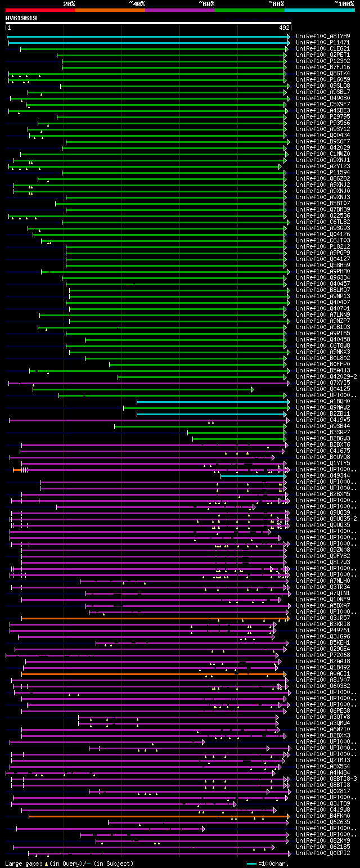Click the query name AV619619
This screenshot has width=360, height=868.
point(21,18)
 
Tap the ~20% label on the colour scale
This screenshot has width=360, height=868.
point(69,4)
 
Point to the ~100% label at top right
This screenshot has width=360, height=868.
point(344,4)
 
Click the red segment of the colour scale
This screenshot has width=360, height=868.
point(39,10)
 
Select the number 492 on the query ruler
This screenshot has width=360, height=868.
point(284,27)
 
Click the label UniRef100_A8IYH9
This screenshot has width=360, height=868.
point(323,36)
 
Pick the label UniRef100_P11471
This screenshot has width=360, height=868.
point(323,42)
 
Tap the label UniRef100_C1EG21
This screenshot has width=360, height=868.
point(323,48)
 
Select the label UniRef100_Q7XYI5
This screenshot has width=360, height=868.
point(323,383)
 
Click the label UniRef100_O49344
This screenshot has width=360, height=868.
point(323,475)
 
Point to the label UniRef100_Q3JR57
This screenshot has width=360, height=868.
point(323,618)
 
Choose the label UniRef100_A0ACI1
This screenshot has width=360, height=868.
point(323,673)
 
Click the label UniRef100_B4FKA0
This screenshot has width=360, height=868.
point(323,816)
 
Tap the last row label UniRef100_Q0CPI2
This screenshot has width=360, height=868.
point(323,853)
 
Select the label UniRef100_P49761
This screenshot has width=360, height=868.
point(323,630)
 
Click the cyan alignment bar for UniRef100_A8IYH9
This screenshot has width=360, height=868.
point(146,37)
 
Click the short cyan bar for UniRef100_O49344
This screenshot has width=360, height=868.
point(253,476)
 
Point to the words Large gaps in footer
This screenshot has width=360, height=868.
point(22,863)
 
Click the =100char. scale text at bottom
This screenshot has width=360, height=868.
point(275,863)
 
